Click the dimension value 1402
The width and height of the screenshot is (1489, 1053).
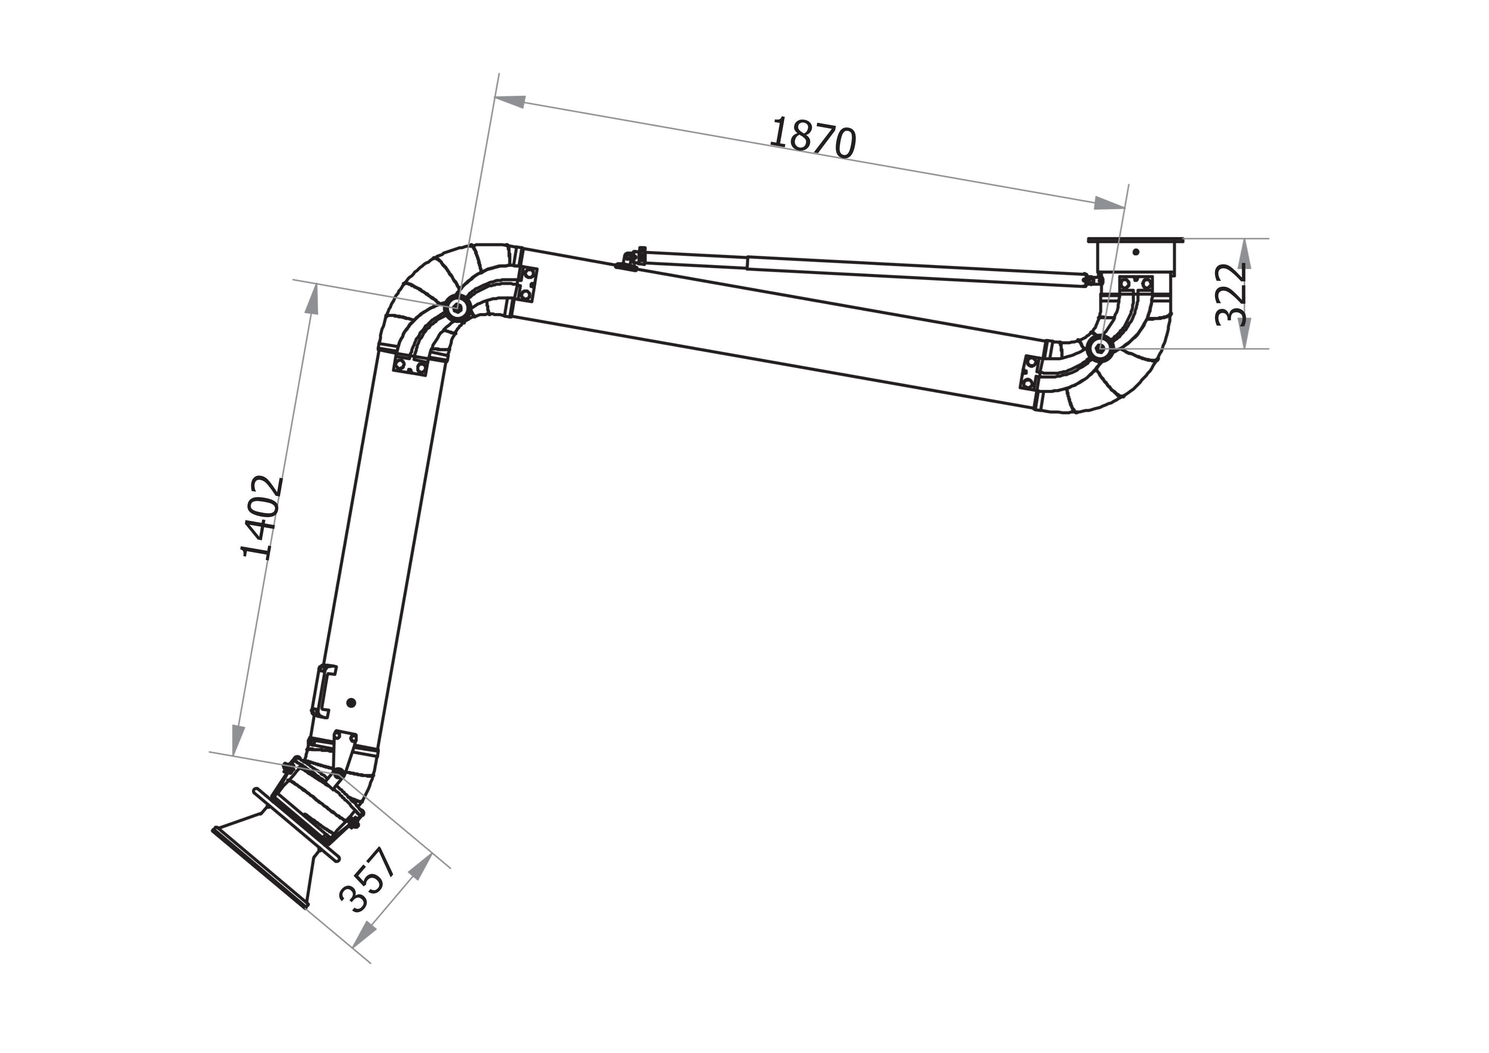click(x=261, y=517)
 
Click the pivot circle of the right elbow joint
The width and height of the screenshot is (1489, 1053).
click(x=1099, y=349)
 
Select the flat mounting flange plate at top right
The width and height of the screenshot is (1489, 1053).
click(x=1136, y=240)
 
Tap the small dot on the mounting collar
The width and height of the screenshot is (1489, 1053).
click(x=1136, y=252)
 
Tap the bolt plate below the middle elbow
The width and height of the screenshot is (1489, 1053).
click(x=411, y=366)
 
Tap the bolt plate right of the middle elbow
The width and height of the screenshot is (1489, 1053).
click(x=527, y=283)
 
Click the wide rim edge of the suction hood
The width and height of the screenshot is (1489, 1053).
click(x=259, y=868)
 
